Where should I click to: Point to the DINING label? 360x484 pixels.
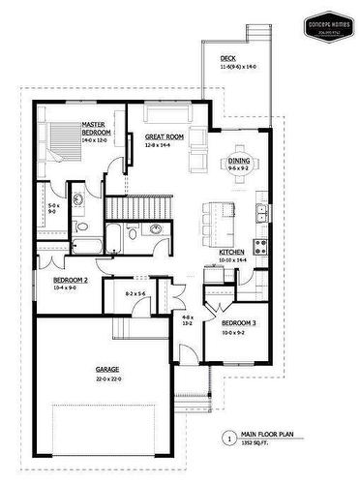click(x=239, y=162)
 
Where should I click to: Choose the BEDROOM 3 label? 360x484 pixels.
click(x=239, y=322)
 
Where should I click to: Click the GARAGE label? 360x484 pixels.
click(x=106, y=369)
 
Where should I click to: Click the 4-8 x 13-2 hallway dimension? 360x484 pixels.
click(x=188, y=320)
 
